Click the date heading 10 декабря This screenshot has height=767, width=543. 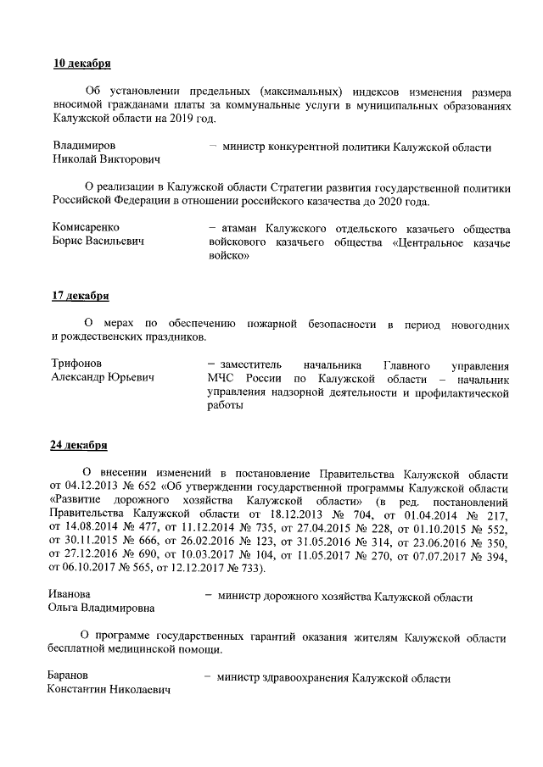[x=81, y=64]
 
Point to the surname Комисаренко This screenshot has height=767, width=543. [x=86, y=227]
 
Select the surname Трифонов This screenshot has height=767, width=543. [x=77, y=363]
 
